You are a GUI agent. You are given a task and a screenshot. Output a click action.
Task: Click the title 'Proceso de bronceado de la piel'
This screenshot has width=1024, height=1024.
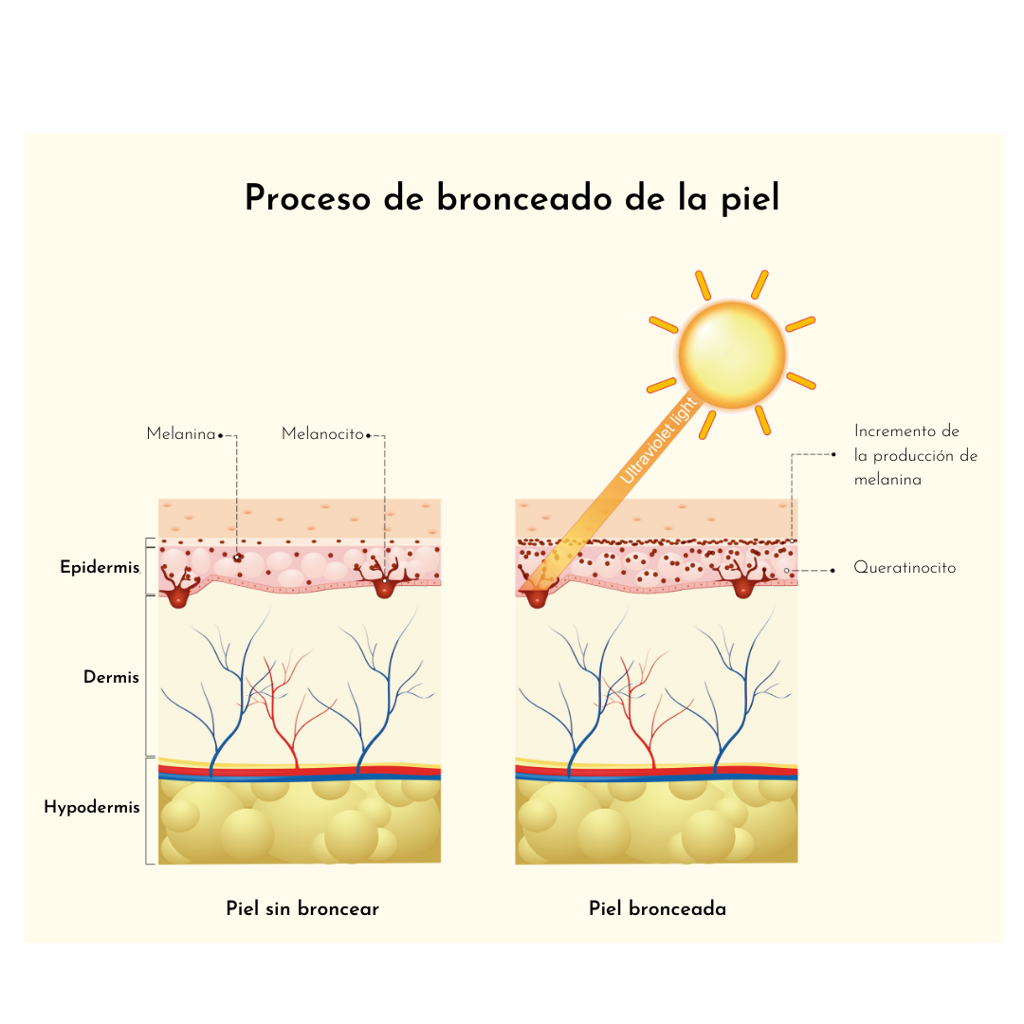[x=512, y=198]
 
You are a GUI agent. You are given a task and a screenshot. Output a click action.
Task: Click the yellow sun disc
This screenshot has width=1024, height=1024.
[x=731, y=355]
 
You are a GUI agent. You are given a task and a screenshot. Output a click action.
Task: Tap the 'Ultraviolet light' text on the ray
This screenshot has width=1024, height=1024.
[x=658, y=441]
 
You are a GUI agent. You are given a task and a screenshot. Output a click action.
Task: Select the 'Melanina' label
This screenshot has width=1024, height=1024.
[x=181, y=433]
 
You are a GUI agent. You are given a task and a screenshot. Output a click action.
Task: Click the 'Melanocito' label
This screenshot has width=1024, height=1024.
[x=322, y=433]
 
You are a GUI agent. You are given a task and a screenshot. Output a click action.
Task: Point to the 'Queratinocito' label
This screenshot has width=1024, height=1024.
[x=905, y=568]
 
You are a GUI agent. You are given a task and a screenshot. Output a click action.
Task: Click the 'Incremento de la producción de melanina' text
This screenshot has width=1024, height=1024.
[x=916, y=455]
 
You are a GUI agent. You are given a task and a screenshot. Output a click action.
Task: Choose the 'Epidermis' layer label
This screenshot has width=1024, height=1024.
[x=100, y=567]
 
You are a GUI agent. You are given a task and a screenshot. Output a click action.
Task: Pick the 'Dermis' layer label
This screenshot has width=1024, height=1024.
[x=111, y=677]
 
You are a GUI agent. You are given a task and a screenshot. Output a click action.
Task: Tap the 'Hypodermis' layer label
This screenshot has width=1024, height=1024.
[x=92, y=807]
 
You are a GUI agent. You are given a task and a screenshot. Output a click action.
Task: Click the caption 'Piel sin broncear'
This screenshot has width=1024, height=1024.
[x=302, y=908]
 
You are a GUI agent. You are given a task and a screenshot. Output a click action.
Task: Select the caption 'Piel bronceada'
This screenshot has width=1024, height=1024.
[x=658, y=908]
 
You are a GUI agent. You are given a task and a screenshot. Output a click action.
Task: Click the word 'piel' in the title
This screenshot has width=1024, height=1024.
[x=750, y=199]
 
